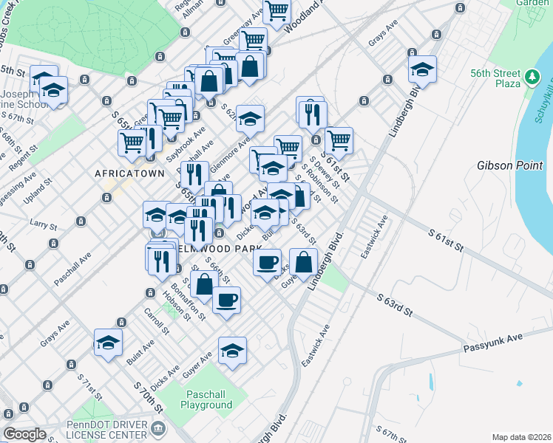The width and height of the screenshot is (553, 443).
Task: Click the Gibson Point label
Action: (504, 165)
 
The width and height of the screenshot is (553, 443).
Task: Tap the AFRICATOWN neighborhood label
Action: (125, 173)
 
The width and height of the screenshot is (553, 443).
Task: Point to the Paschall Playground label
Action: (209, 399)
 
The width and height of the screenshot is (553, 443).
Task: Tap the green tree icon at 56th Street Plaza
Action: (531, 76)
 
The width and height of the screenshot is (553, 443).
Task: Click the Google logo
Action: (24, 434)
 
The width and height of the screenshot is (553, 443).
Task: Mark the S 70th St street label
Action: (148, 396)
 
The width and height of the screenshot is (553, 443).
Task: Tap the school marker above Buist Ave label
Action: (108, 343)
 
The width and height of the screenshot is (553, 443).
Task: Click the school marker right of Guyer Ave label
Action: (232, 349)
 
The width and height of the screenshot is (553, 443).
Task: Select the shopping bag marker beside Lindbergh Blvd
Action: (304, 261)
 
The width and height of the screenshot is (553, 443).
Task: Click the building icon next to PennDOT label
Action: (157, 428)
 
